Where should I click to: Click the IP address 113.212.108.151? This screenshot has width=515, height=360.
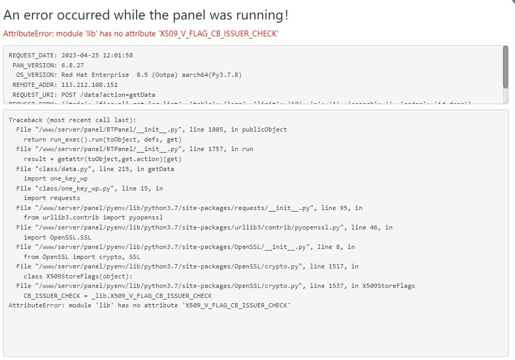pyautogui.click(x=90, y=85)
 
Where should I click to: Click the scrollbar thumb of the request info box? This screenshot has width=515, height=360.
pyautogui.click(x=506, y=66)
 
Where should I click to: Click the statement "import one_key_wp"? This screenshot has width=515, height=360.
pyautogui.click(x=55, y=178)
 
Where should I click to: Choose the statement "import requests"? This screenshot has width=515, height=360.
pyautogui.click(x=52, y=198)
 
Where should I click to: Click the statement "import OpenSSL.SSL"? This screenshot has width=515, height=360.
pyautogui.click(x=57, y=237)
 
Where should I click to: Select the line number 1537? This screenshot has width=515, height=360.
pyautogui.click(x=343, y=286)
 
